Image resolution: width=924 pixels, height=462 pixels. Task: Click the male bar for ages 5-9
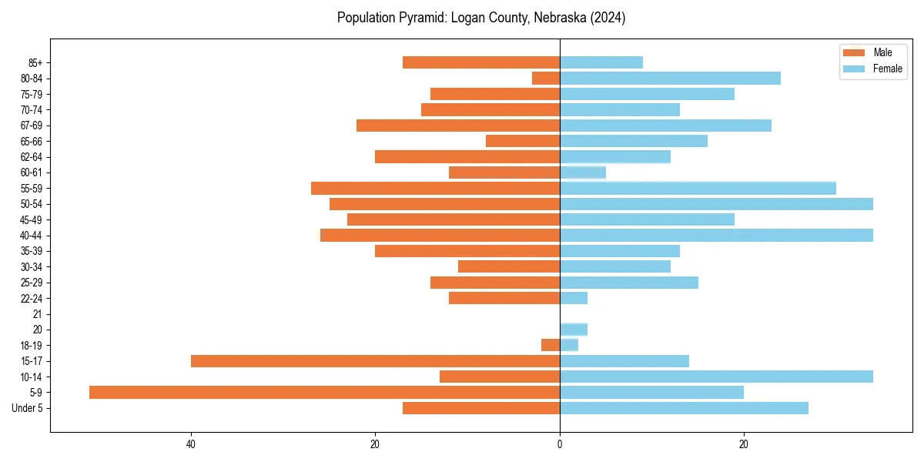[x=324, y=393]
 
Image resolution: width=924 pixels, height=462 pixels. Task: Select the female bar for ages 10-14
[x=716, y=377]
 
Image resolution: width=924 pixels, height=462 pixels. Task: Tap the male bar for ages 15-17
[x=375, y=361]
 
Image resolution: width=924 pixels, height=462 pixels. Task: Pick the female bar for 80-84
[x=670, y=78]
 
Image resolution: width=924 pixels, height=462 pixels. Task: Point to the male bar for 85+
[x=481, y=62]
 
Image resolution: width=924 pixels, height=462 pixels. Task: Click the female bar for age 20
[x=574, y=330]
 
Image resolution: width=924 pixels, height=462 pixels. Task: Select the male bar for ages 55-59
[x=435, y=188]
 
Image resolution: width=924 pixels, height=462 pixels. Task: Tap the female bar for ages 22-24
[x=574, y=298]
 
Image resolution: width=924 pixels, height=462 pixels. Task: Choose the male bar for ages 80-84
[x=546, y=78]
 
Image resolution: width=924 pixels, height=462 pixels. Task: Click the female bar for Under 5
[x=684, y=408]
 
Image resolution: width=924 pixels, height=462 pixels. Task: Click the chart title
[x=481, y=18]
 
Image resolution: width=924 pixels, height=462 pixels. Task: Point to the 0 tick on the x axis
[x=560, y=444]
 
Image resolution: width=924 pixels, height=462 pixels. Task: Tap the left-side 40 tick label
[x=190, y=444]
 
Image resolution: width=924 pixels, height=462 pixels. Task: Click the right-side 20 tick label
[x=744, y=444]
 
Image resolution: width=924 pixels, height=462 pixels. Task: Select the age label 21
[x=37, y=314]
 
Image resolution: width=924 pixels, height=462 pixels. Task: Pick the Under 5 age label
[x=27, y=408]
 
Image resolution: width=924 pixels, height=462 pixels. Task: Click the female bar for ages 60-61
[x=583, y=172]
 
